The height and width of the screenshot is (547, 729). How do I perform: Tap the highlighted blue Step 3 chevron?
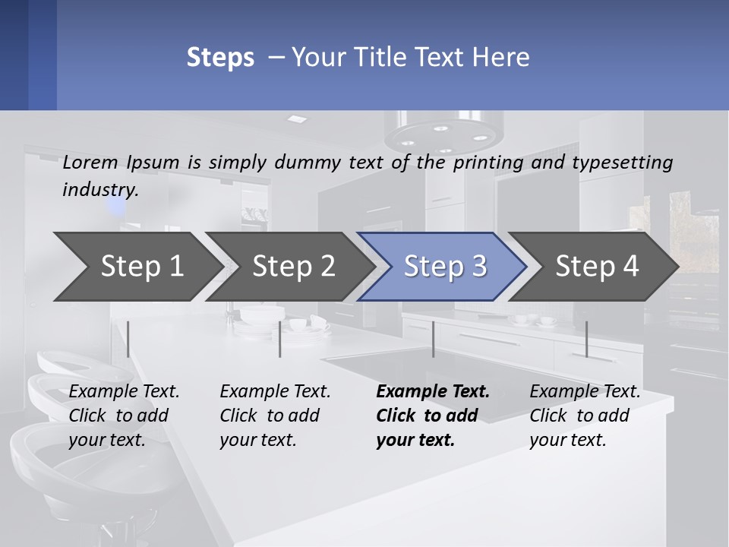[x=445, y=267]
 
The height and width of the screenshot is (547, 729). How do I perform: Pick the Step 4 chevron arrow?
[x=597, y=267]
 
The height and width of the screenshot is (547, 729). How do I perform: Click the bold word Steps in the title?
[x=220, y=57]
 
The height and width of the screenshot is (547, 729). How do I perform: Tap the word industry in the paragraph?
[x=100, y=189]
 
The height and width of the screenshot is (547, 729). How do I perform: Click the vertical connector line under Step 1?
[x=128, y=339]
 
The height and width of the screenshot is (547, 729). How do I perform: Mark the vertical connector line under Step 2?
[x=280, y=339]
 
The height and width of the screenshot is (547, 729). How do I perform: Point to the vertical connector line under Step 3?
[x=433, y=339]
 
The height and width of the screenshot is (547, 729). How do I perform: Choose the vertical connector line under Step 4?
[x=586, y=339]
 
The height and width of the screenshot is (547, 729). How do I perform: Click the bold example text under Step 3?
[x=433, y=416]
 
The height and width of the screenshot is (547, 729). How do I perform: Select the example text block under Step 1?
[x=124, y=416]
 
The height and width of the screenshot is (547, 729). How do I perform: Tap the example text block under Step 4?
[x=585, y=416]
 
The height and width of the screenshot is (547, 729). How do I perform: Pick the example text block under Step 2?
[x=275, y=416]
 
